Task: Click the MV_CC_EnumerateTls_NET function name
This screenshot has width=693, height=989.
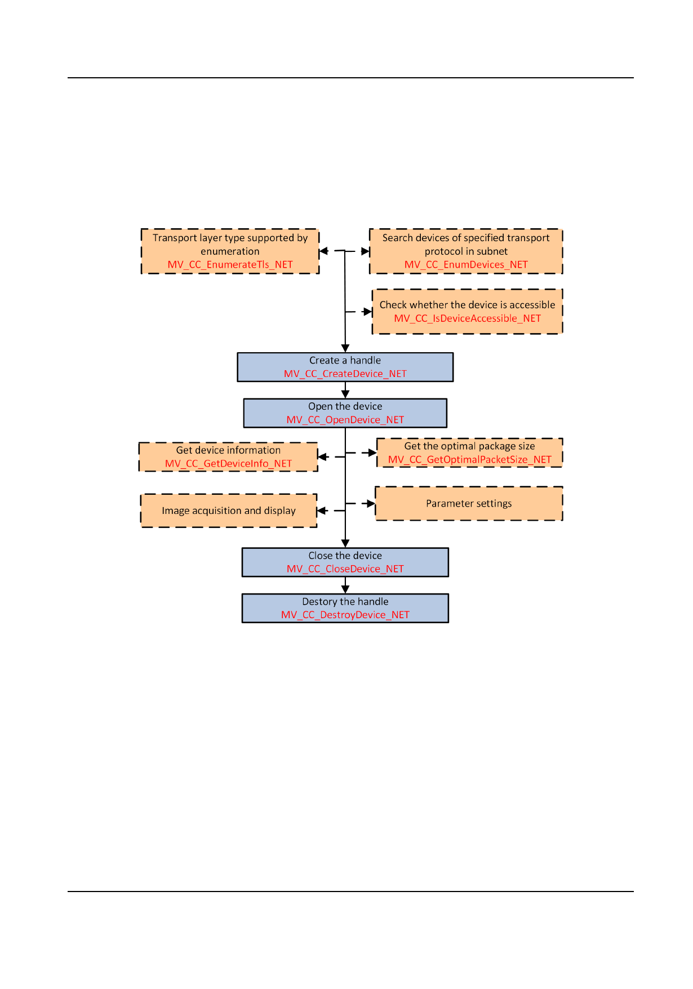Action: click(230, 264)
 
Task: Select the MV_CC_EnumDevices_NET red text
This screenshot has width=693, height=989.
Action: click(466, 264)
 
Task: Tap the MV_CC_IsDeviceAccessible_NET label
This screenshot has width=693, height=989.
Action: click(467, 318)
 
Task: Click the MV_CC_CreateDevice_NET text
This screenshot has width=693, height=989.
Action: click(345, 374)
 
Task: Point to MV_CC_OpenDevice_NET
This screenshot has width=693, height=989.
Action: click(345, 420)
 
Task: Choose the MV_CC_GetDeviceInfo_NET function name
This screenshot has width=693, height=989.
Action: click(228, 464)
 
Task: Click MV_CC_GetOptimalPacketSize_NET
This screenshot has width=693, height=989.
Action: click(469, 460)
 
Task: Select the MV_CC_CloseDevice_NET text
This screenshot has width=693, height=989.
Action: click(345, 569)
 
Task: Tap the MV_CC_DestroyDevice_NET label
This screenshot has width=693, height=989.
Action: click(345, 615)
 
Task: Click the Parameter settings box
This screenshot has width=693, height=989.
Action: click(469, 503)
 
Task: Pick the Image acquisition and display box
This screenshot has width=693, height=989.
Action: click(228, 511)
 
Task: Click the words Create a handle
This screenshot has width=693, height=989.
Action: click(345, 360)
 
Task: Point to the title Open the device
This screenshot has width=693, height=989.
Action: click(345, 406)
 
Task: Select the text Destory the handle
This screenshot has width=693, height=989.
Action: click(345, 601)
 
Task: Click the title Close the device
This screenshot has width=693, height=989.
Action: click(345, 556)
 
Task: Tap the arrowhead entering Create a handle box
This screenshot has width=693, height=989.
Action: click(345, 349)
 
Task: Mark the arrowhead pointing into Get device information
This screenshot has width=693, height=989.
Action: click(322, 456)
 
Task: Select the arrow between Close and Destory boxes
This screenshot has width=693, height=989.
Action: click(345, 586)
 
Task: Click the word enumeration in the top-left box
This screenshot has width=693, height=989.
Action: click(230, 251)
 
